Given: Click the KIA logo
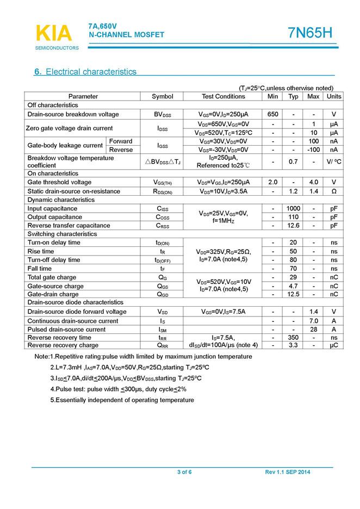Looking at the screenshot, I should pos(53,34).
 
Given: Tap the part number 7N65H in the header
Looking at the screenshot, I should pos(310,34).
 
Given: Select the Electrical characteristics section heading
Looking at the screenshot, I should pos(85,72).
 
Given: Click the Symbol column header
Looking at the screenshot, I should pos(162,96).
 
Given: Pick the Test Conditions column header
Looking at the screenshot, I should pos(223,96).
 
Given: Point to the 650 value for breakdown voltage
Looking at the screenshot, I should pos(273,114).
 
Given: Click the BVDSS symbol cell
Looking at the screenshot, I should pos(162,114).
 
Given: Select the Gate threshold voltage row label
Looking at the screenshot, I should pos(59,182).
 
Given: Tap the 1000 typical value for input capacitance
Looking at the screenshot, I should pos(294,208).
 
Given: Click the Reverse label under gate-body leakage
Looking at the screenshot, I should pos(121,150).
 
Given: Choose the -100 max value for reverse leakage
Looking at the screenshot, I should pos(313,150).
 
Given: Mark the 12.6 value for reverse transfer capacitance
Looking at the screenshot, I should pos(294,226).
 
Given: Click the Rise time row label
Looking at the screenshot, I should pos(41,251).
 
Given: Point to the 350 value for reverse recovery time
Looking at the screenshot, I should pos(294,338).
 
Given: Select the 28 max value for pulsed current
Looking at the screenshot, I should pos(313,330).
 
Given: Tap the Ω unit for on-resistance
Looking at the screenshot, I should pos(333,191).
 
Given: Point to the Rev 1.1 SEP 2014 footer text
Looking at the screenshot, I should pos(288,472).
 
